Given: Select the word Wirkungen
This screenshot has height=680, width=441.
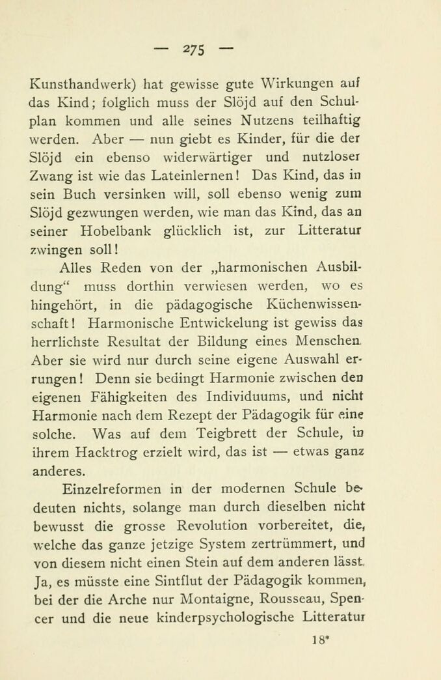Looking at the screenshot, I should [298, 84].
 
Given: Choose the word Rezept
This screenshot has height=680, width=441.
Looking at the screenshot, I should [203, 415].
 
